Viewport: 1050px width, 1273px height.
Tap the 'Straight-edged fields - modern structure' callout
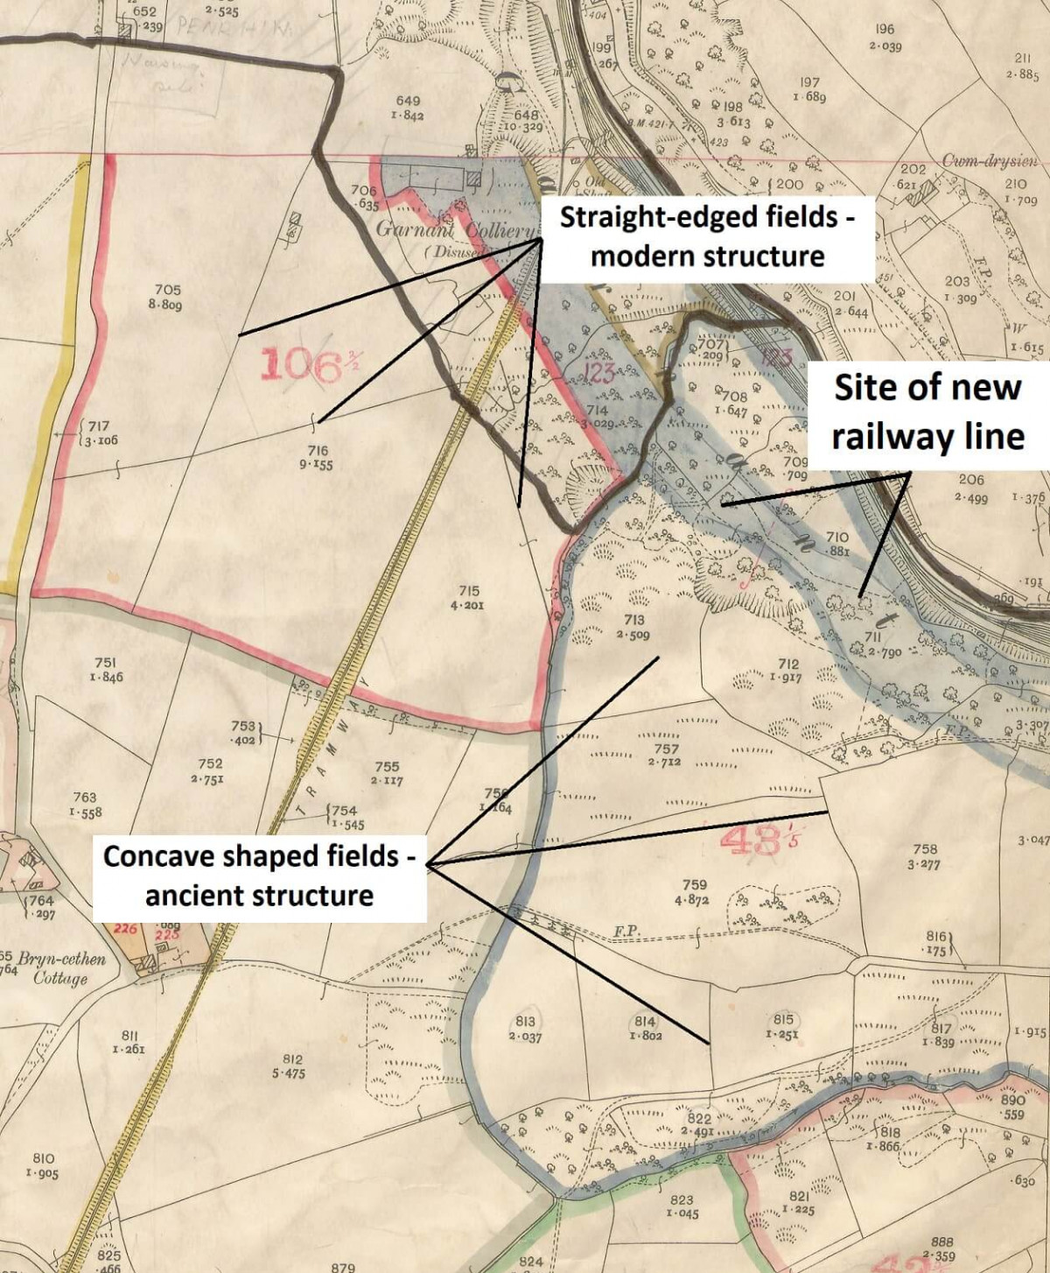tap(707, 236)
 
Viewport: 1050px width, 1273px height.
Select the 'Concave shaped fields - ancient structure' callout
tap(259, 875)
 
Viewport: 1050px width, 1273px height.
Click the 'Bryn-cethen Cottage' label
tap(61, 967)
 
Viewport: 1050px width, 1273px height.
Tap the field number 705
tap(167, 290)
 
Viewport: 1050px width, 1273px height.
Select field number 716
tap(317, 451)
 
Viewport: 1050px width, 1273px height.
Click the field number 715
tap(468, 591)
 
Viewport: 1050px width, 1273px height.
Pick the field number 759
tap(694, 885)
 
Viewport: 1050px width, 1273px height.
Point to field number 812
tap(292, 1059)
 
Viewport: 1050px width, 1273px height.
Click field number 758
tap(925, 849)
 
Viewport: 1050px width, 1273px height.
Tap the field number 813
tap(525, 1022)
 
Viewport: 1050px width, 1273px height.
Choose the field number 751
tap(106, 664)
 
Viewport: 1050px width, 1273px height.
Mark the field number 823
tap(682, 1200)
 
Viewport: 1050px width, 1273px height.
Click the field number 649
tap(408, 102)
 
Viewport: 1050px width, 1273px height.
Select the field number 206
tap(971, 480)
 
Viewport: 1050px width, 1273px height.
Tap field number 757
tap(666, 749)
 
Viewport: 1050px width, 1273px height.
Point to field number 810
tap(43, 1158)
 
